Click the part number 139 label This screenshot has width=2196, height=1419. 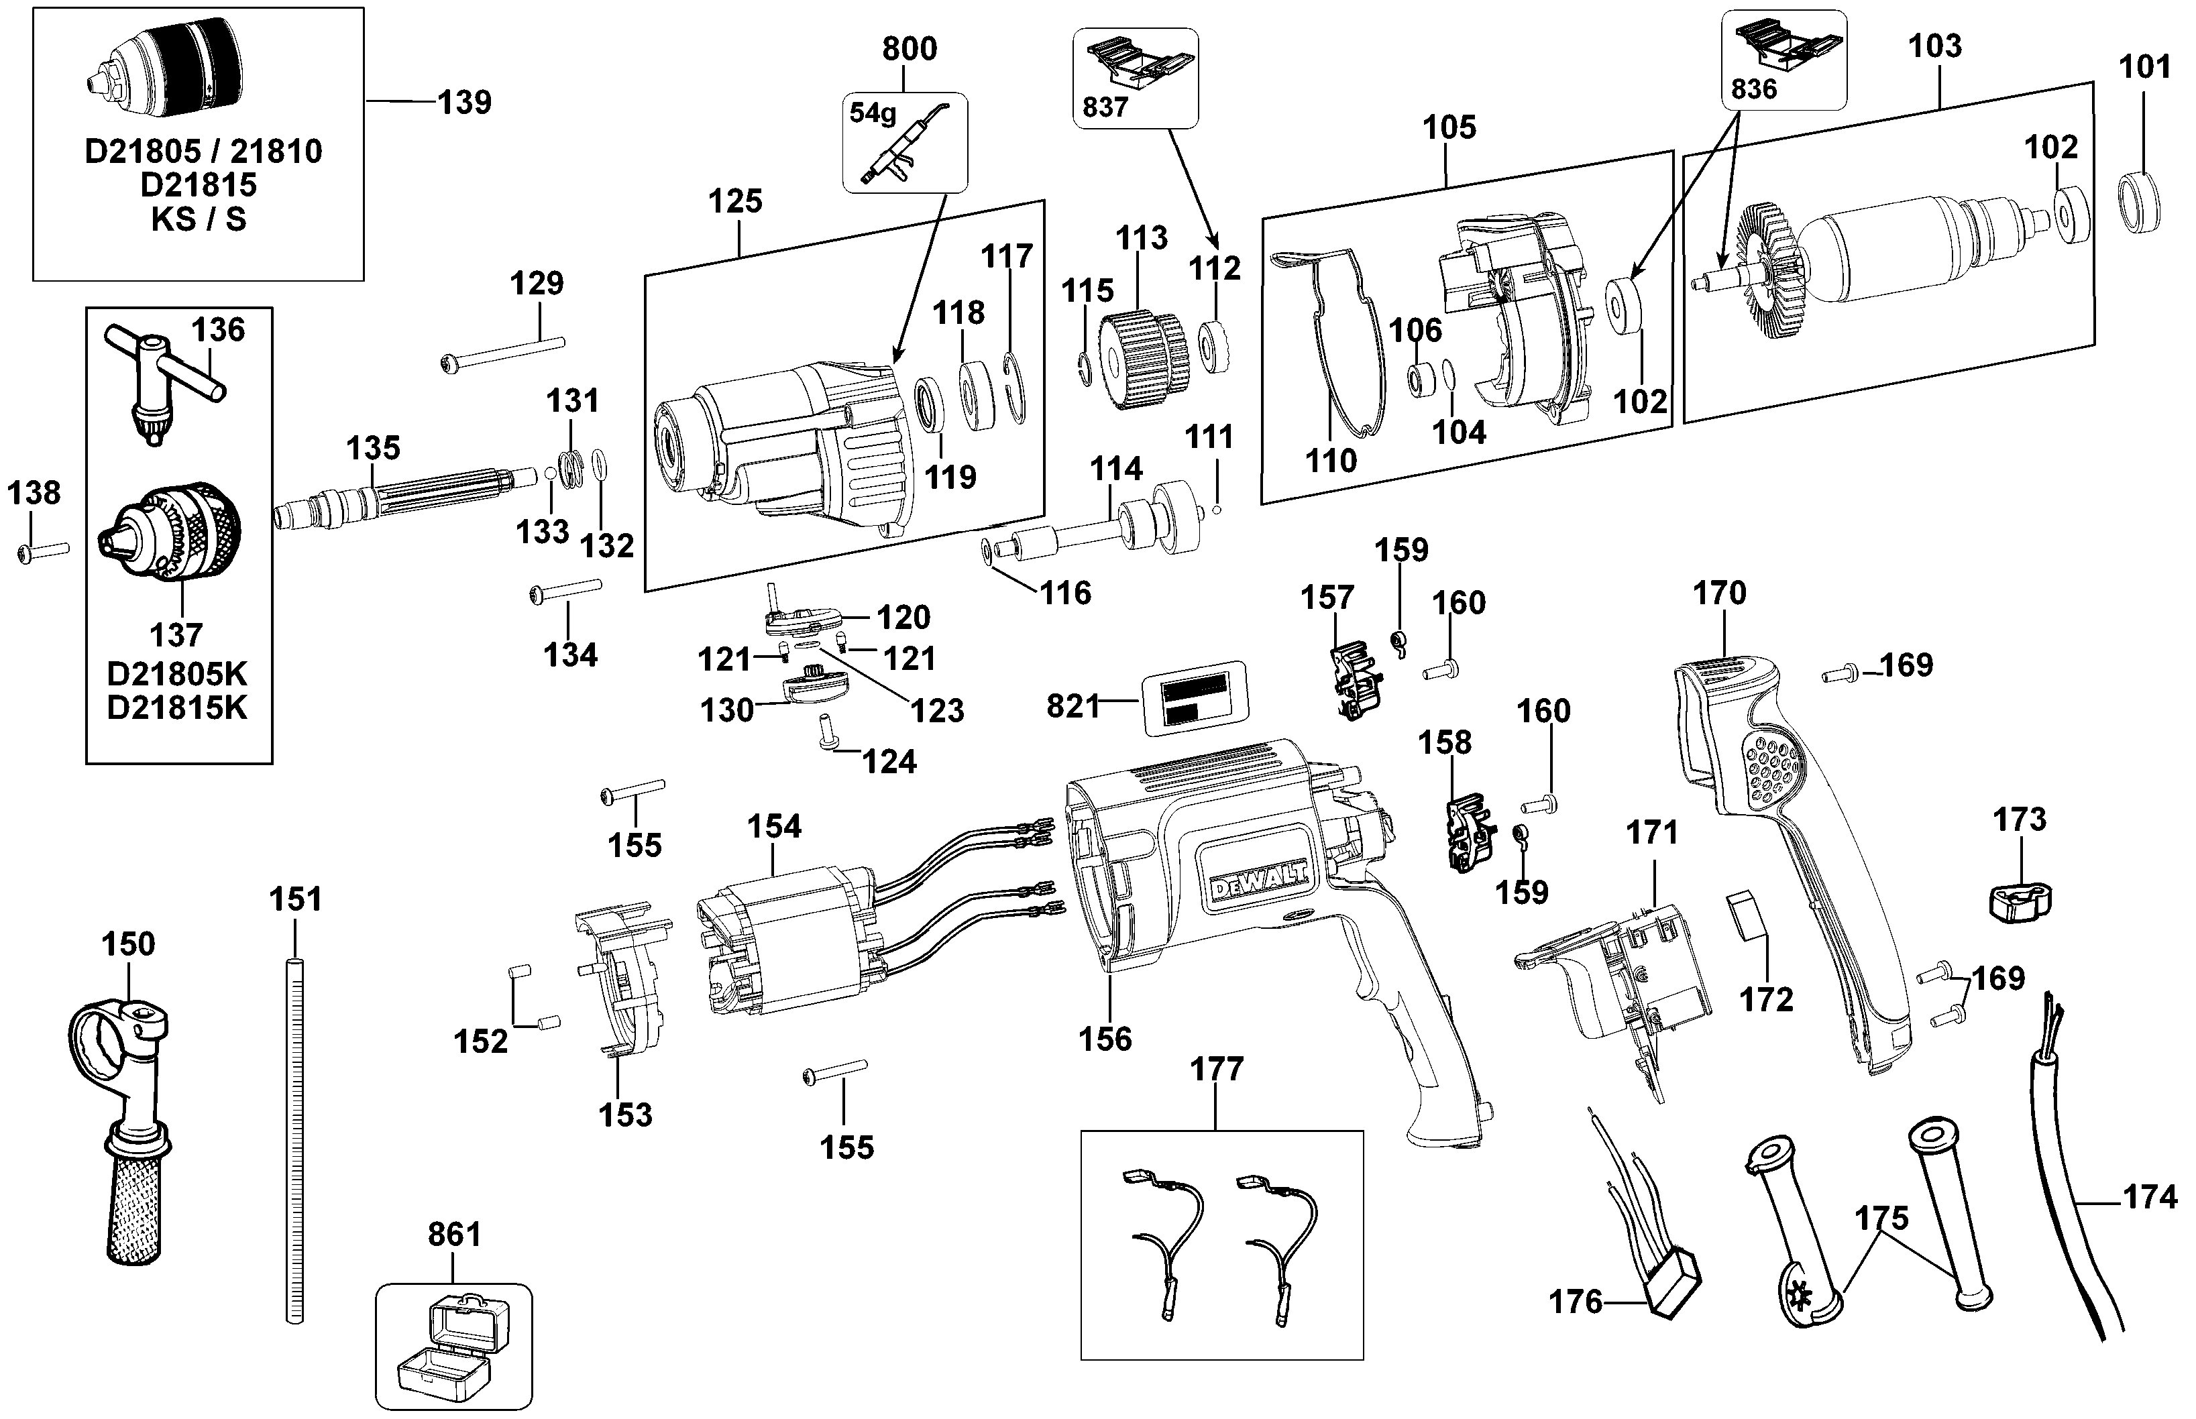click(464, 103)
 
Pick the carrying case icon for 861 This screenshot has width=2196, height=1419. click(453, 1345)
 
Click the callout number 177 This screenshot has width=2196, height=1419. click(1217, 1069)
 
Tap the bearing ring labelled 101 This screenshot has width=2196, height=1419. click(2139, 202)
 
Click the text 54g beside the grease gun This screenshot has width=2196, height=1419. click(872, 113)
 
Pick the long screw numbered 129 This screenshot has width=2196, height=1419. click(502, 355)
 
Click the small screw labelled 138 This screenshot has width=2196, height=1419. click(42, 552)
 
